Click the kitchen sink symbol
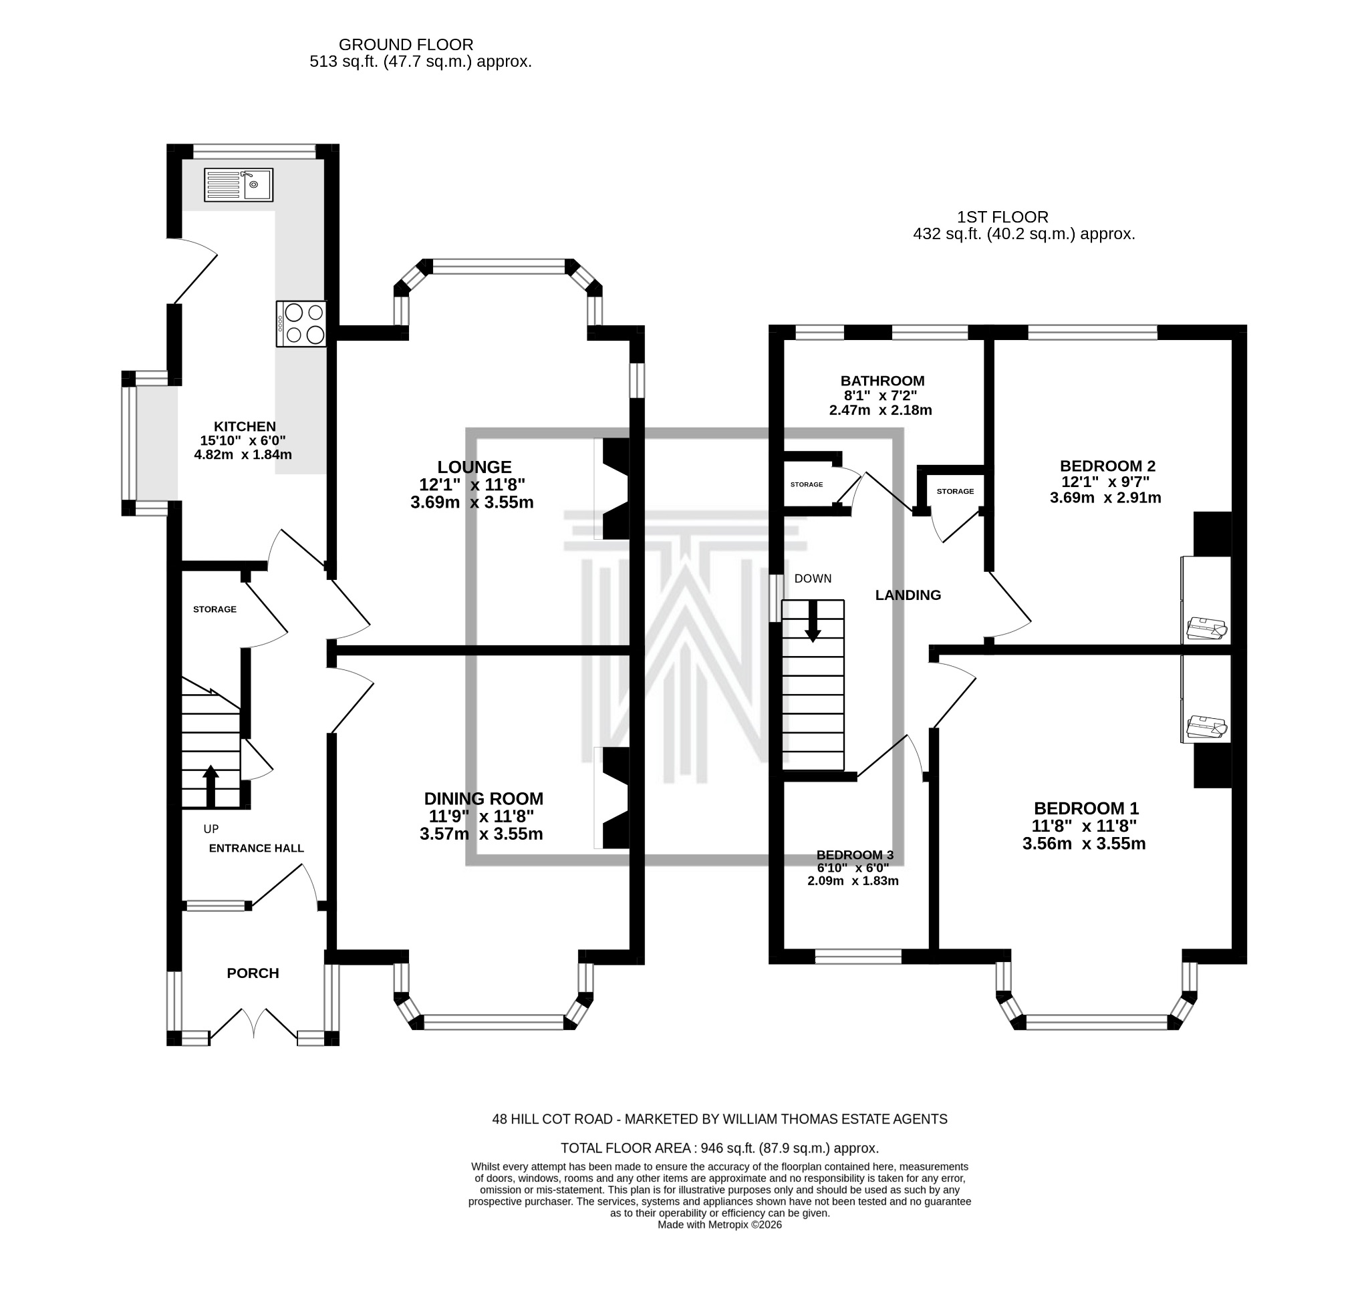(239, 184)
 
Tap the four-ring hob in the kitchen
(301, 324)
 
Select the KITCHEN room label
(245, 426)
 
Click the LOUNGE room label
(474, 467)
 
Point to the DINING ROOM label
(484, 798)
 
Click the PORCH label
(253, 973)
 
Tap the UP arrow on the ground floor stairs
(211, 786)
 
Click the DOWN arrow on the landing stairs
(813, 621)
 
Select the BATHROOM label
(881, 381)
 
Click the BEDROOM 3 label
(854, 854)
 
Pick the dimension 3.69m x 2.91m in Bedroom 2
(1105, 497)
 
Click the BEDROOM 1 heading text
(1085, 808)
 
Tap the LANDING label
(908, 595)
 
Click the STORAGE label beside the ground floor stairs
(215, 609)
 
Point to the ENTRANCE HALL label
(256, 848)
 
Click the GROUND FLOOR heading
(406, 45)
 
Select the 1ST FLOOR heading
(1002, 217)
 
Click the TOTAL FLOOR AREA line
(719, 1148)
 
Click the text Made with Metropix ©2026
(719, 1225)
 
